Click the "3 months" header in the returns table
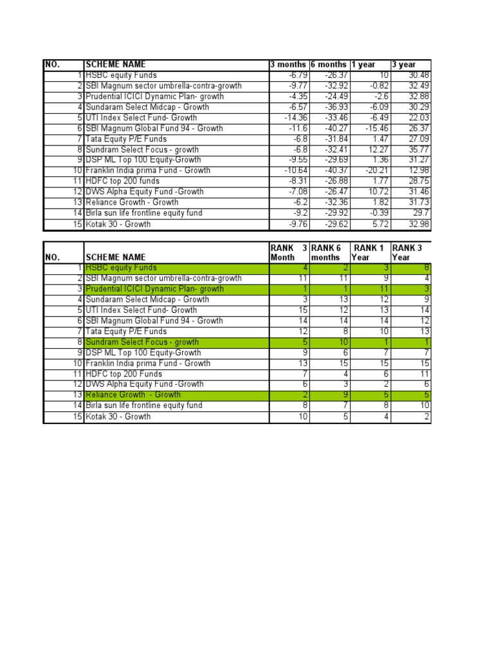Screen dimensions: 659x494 288,64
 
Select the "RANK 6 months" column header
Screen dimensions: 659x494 327,252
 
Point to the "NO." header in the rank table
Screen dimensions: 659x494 52,257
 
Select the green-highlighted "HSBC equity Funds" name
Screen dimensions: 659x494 121,268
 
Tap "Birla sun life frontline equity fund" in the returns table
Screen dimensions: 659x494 144,213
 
